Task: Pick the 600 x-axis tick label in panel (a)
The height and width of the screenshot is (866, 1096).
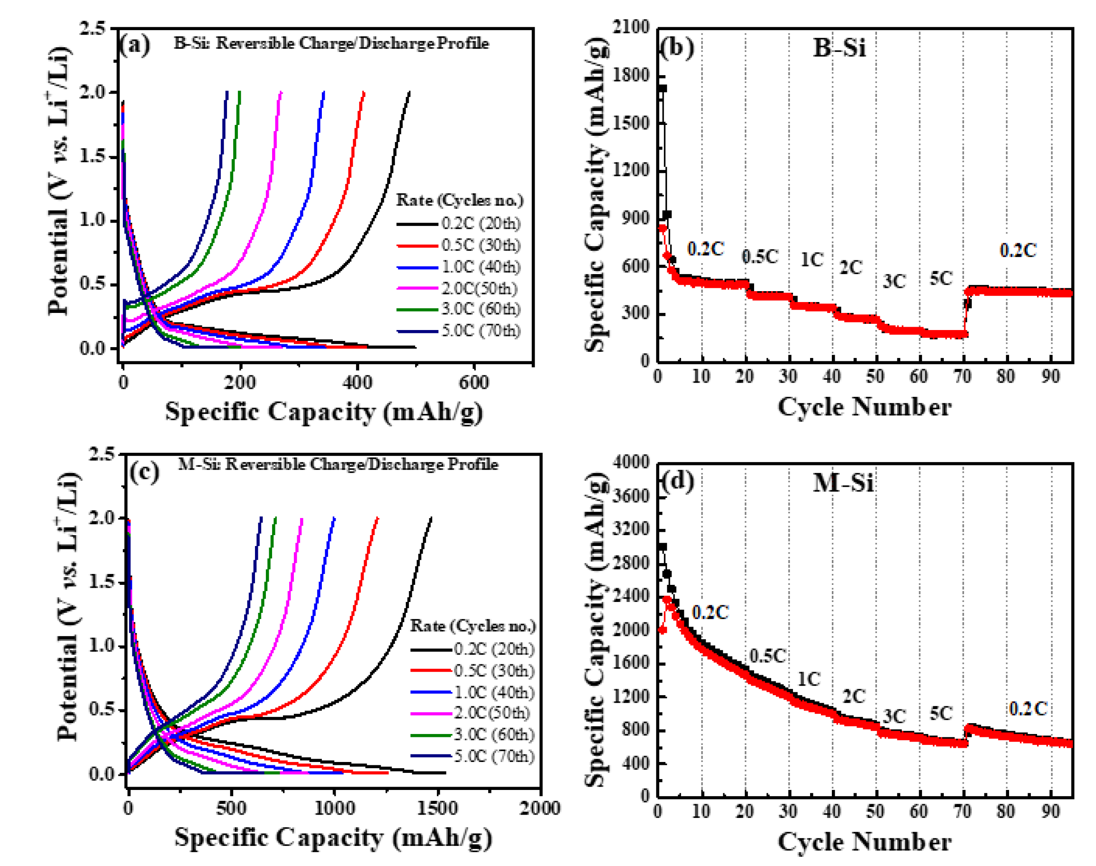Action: (x=474, y=382)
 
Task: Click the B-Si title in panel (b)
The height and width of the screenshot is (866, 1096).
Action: (x=839, y=48)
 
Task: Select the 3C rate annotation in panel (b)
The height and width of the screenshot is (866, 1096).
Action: (x=894, y=281)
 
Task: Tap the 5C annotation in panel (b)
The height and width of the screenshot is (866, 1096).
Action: (x=941, y=278)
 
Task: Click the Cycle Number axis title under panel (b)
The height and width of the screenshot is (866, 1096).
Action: (x=864, y=407)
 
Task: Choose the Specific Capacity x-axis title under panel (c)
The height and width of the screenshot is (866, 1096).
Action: (x=333, y=837)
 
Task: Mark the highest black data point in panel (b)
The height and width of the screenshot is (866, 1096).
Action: (x=662, y=88)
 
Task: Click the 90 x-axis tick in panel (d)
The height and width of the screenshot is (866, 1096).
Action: (x=1051, y=812)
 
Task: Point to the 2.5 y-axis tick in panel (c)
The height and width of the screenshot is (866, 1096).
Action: (x=102, y=454)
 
